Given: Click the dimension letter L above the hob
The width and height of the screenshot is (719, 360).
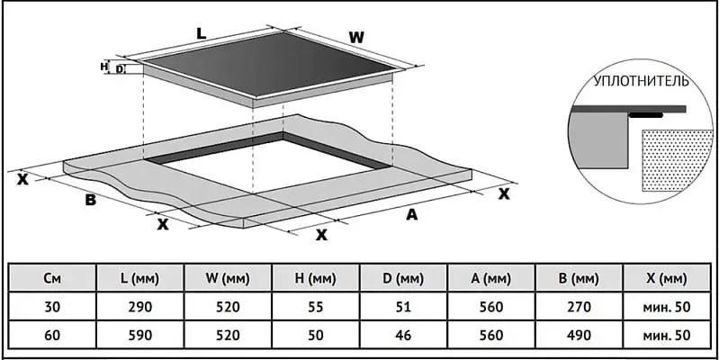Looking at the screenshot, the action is tap(202, 33).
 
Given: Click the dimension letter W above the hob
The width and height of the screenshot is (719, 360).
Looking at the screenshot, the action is tap(356, 38).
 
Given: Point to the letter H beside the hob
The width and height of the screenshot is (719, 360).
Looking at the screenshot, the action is tap(103, 66).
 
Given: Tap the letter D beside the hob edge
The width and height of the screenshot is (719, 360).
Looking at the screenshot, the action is tap(119, 69).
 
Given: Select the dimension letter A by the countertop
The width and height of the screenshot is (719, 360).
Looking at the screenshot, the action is tap(412, 214).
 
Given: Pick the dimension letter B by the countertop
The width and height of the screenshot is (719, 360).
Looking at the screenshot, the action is tap(91, 200).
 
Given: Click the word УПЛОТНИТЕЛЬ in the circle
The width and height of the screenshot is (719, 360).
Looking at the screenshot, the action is tap(641, 82).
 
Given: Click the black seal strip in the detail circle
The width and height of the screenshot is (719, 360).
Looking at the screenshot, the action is tap(646, 115).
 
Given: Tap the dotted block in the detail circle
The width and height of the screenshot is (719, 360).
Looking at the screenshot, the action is tap(674, 160).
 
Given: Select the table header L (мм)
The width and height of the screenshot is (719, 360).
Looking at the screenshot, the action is tap(139, 278).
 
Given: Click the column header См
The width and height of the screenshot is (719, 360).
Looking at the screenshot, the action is tap(52, 278).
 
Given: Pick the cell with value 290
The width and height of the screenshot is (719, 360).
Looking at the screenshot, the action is tap(139, 307).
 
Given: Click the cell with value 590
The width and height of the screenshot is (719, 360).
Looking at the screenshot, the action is tap(139, 335).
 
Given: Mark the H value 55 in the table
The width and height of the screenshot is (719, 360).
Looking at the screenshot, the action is tap(316, 307).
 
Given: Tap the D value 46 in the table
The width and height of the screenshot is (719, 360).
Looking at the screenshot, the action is tap(404, 335).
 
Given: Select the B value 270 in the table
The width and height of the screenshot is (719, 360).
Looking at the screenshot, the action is tap(580, 307).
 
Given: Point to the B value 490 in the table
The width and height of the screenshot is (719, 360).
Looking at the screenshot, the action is tap(580, 335).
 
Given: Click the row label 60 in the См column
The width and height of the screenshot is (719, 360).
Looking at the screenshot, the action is tap(52, 335).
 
